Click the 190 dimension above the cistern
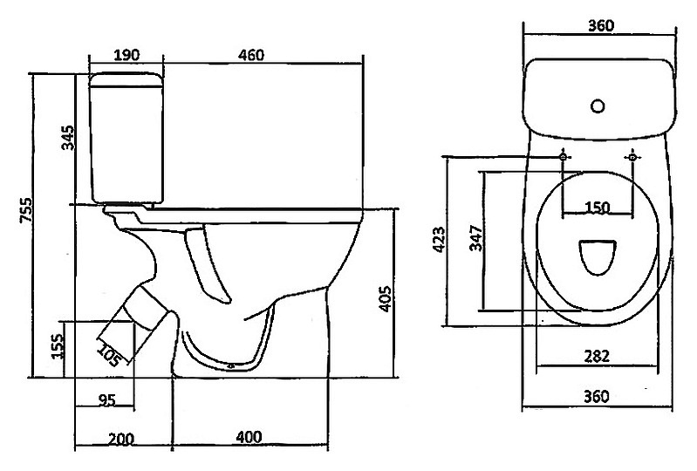(x=126, y=55)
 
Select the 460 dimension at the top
(x=251, y=55)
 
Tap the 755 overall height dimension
(x=27, y=210)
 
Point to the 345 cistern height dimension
(x=68, y=138)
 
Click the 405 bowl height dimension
(x=385, y=298)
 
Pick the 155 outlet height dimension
(x=58, y=346)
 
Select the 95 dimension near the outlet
(x=106, y=399)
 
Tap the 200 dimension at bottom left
(x=121, y=439)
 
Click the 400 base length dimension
(x=249, y=437)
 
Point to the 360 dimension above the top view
(x=601, y=26)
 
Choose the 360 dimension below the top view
(x=596, y=396)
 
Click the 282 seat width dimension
(x=597, y=356)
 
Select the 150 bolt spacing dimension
(x=598, y=207)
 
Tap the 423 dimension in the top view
(x=439, y=240)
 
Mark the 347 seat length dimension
(x=476, y=238)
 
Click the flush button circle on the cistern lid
(x=598, y=106)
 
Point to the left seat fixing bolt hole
(x=563, y=156)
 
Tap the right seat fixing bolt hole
(x=632, y=157)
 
